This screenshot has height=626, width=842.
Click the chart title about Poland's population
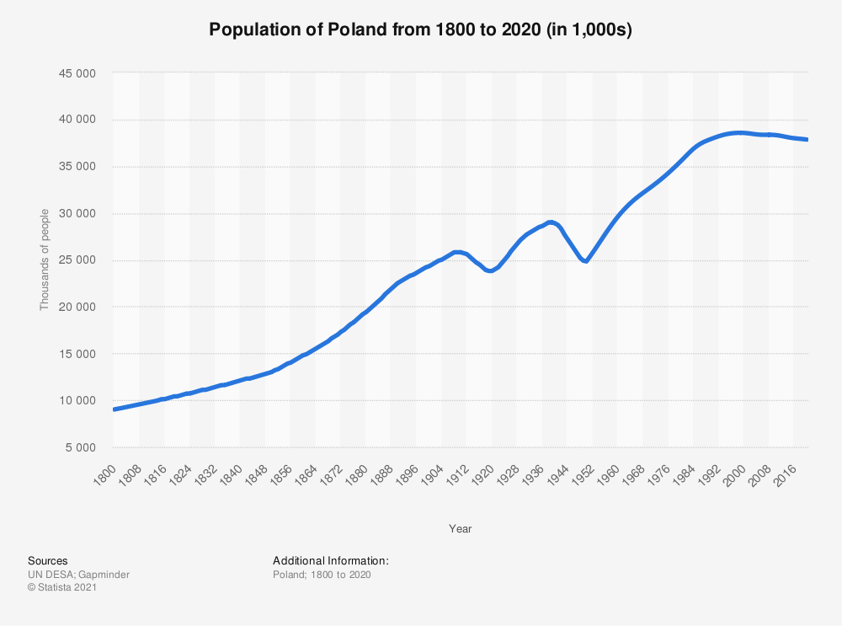[x=420, y=29]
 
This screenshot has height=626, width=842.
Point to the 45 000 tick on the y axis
[x=77, y=73]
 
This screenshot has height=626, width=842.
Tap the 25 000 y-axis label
[x=77, y=260]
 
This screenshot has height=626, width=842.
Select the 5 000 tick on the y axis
[x=81, y=447]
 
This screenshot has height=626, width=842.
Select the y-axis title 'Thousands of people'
[x=44, y=260]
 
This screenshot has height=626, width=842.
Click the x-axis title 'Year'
[x=461, y=529]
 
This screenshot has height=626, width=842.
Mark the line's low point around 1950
[x=585, y=261]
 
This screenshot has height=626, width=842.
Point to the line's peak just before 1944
[x=551, y=222]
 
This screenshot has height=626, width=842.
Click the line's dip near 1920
[x=490, y=270]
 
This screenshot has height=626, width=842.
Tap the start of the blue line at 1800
[x=115, y=409]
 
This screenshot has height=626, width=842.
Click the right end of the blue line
[x=806, y=140]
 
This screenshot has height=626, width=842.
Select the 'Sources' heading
[x=48, y=561]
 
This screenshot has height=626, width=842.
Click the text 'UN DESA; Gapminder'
[x=79, y=575]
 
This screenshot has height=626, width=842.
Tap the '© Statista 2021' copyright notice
[x=62, y=587]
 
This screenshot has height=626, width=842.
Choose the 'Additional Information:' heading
[x=331, y=561]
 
